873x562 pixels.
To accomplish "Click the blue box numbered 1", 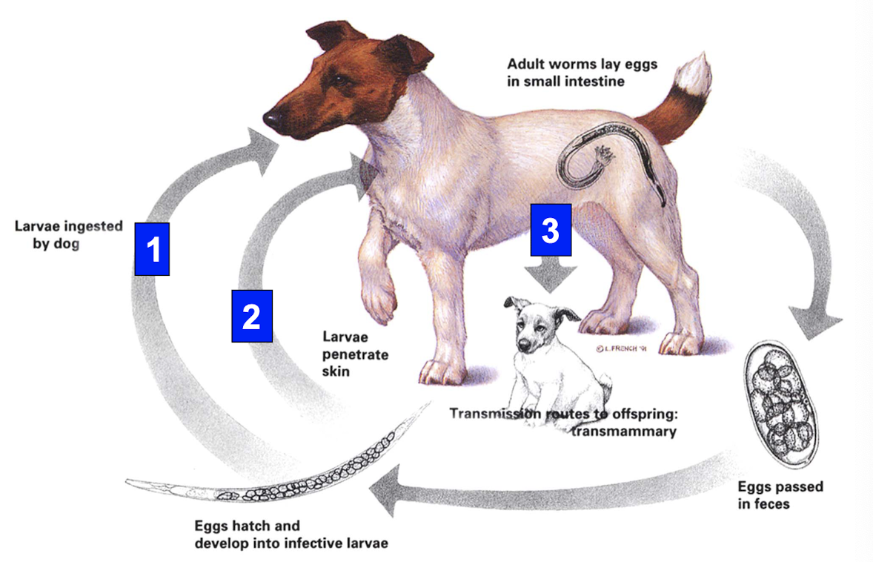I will point(152,249).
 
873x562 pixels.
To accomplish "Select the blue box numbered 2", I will point(252,316).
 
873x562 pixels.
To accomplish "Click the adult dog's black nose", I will point(272,117).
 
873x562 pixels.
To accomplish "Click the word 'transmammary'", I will point(623,431).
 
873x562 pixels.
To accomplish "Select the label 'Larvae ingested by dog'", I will point(68,234).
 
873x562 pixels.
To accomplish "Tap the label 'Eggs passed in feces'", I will point(780,495).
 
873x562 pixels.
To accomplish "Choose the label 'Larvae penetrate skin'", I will point(355,352).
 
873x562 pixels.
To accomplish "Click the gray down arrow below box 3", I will point(551,274).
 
